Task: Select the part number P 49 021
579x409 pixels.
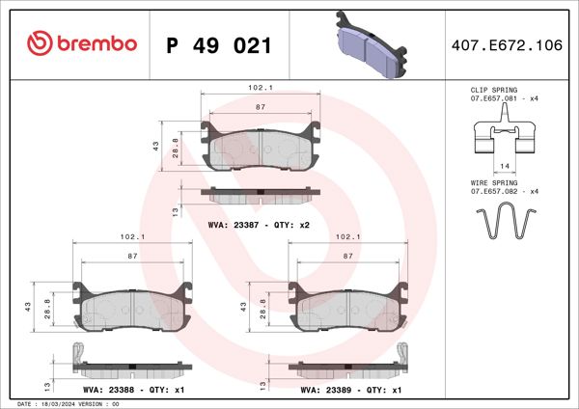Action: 219,45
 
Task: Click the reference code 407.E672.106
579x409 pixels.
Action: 507,45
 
